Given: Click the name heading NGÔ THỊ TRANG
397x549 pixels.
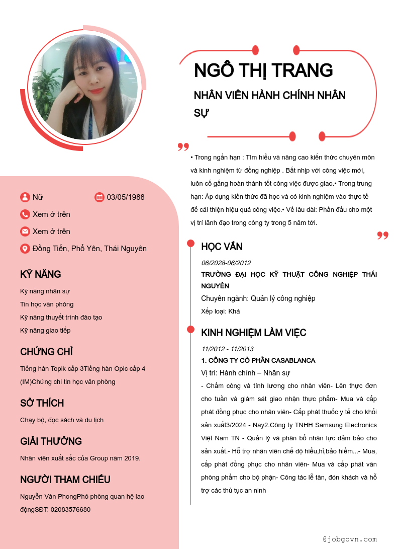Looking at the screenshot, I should [263, 70].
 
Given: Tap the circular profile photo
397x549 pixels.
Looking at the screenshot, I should [85, 87].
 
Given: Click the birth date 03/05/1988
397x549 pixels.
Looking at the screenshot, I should [126, 197].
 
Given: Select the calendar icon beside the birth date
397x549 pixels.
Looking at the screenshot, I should [100, 197].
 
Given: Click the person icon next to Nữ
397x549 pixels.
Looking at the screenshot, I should [25, 197].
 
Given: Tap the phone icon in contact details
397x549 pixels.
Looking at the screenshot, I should [25, 214].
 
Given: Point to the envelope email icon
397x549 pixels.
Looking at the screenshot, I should [25, 231].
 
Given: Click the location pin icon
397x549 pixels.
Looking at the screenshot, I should [25, 249].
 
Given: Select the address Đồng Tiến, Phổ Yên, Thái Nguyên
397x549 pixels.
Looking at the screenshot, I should [89, 249].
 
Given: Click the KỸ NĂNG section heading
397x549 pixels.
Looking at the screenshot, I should [41, 274].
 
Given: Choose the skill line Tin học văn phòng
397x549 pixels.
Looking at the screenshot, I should [47, 304].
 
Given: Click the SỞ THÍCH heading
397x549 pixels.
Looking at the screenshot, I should [42, 403].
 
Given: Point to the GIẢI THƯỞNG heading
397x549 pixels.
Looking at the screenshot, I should [51, 441].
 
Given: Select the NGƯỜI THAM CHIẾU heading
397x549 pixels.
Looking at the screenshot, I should [65, 480].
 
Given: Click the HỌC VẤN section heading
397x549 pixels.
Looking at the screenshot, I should [222, 247].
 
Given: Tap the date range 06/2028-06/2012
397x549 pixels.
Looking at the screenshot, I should [226, 263].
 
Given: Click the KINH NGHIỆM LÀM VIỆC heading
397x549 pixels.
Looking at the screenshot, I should [254, 333].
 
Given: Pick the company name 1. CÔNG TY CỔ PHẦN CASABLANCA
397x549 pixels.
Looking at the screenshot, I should [258, 360].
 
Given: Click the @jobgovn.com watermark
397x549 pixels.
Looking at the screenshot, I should [350, 539].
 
